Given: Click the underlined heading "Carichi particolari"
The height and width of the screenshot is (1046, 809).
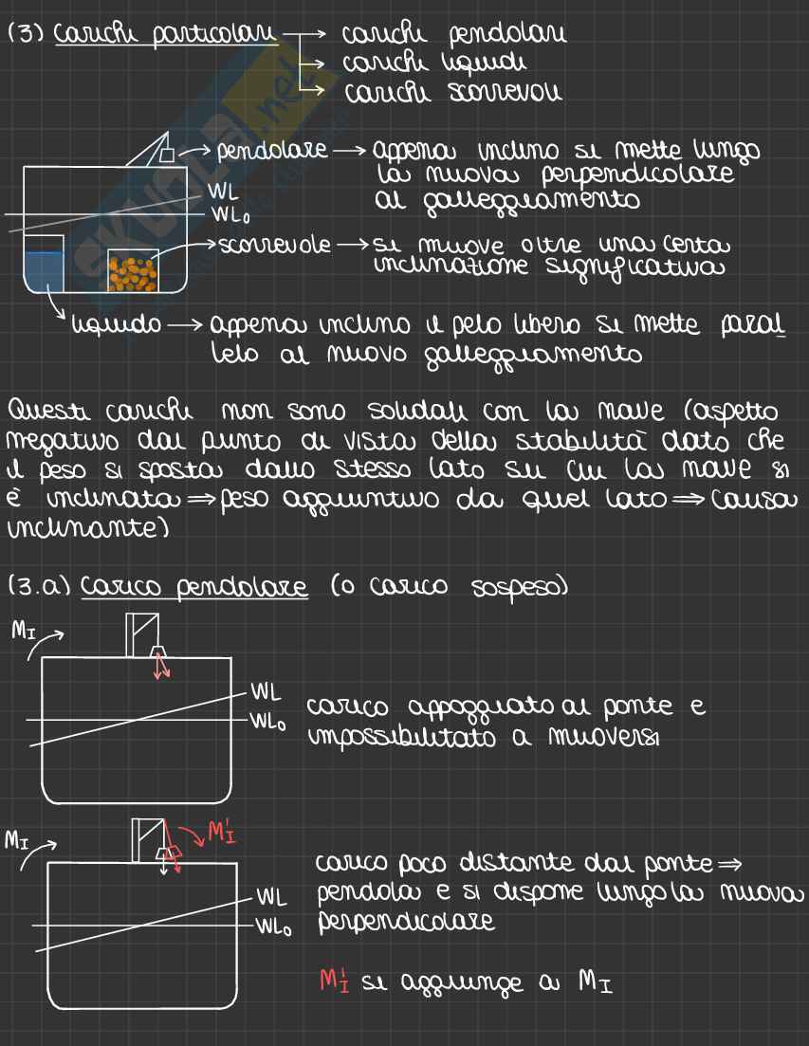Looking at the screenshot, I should (167, 35).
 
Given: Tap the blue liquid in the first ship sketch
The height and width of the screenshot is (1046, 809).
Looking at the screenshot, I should (45, 271).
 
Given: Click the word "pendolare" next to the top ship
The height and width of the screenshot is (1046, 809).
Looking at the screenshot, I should (272, 151).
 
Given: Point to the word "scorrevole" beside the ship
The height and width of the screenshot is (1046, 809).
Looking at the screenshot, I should (275, 246).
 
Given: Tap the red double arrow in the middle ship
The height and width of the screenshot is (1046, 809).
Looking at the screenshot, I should (161, 666).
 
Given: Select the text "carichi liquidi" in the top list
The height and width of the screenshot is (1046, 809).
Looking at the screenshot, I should (434, 64).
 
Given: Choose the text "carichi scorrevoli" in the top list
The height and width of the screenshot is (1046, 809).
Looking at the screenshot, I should (452, 94).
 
